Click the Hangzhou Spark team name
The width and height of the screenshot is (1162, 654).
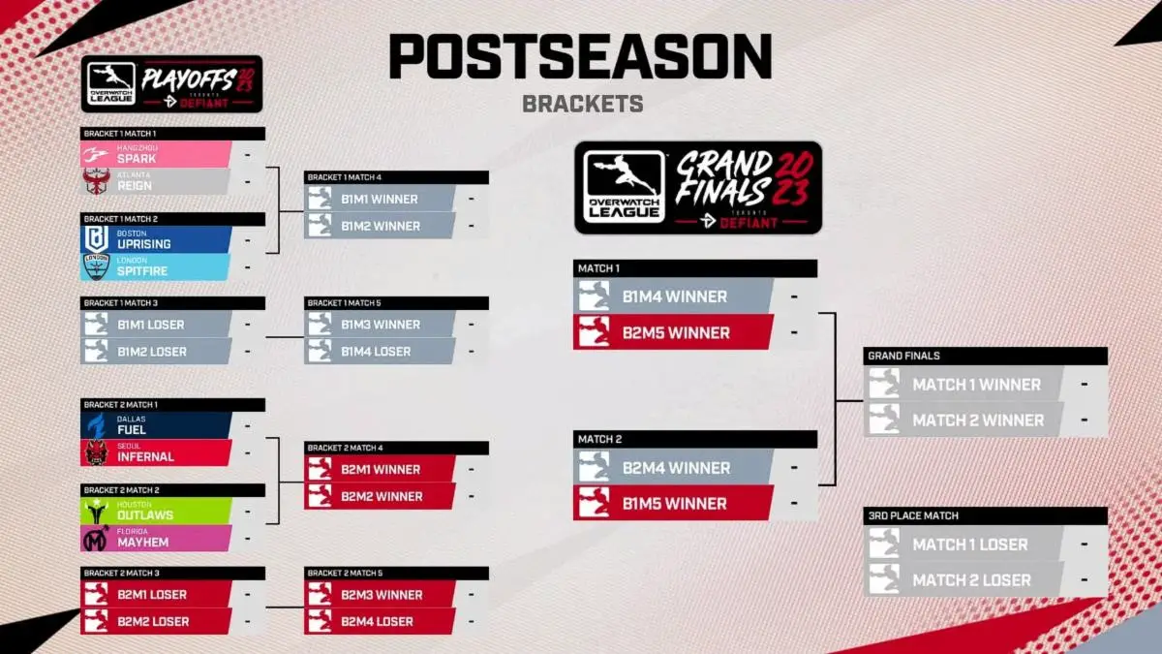tap(137, 159)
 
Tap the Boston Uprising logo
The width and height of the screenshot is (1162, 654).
tap(97, 239)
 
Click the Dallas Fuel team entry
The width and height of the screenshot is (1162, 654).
tap(155, 425)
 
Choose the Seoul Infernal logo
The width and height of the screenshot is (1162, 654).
tap(96, 452)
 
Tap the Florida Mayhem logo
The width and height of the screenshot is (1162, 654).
tap(96, 539)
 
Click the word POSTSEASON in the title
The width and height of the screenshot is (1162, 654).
tap(581, 58)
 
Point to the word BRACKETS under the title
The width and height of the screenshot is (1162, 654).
tap(582, 104)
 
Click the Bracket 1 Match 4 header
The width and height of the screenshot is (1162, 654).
tap(396, 177)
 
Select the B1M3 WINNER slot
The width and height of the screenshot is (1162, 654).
tap(380, 325)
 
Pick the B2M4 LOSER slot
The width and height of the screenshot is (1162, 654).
tap(377, 621)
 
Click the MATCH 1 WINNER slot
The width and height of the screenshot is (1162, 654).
tap(976, 385)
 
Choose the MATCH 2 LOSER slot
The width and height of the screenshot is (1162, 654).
tap(971, 580)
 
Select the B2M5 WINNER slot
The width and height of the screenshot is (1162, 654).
tap(675, 332)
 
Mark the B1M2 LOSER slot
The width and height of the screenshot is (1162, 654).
tap(152, 351)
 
